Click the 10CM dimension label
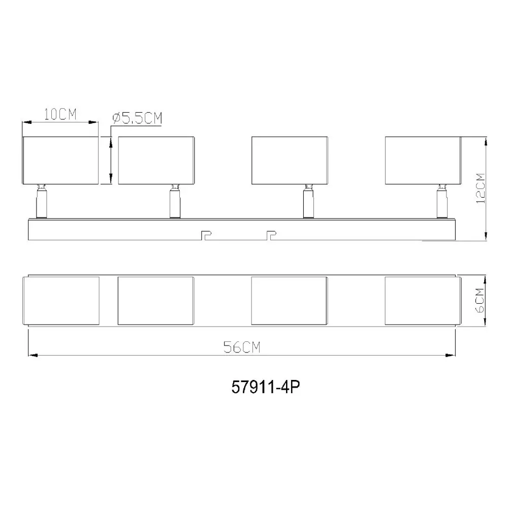[60, 114]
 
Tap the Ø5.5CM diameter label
[137, 118]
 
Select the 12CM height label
[481, 188]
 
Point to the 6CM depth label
[480, 300]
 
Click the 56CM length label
[242, 347]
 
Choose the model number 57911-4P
[266, 387]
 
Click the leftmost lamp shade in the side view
[60, 161]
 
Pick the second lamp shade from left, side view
[156, 161]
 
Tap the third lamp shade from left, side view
[290, 161]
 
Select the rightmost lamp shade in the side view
[423, 161]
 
